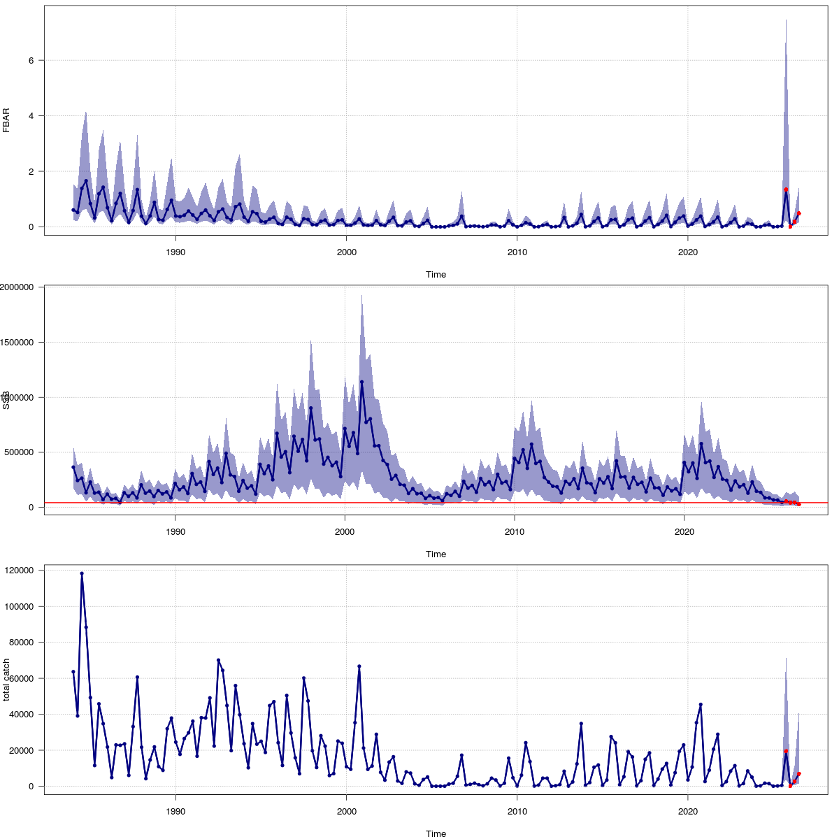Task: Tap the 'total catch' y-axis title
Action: pyautogui.click(x=6, y=680)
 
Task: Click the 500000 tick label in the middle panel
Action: pyautogui.click(x=20, y=452)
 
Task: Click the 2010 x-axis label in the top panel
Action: pyautogui.click(x=517, y=251)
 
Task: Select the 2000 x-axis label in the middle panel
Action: pyautogui.click(x=345, y=531)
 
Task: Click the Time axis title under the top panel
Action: pyautogui.click(x=436, y=274)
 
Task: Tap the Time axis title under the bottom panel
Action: pyautogui.click(x=436, y=833)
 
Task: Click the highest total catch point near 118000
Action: pyautogui.click(x=82, y=573)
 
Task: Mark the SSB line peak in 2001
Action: pyautogui.click(x=361, y=382)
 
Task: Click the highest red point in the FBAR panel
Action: pyautogui.click(x=786, y=189)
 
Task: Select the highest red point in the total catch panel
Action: pyautogui.click(x=786, y=751)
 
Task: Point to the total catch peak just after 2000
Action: pyautogui.click(x=359, y=666)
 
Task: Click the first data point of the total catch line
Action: pyautogui.click(x=73, y=672)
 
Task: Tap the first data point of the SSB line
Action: pyautogui.click(x=73, y=467)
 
